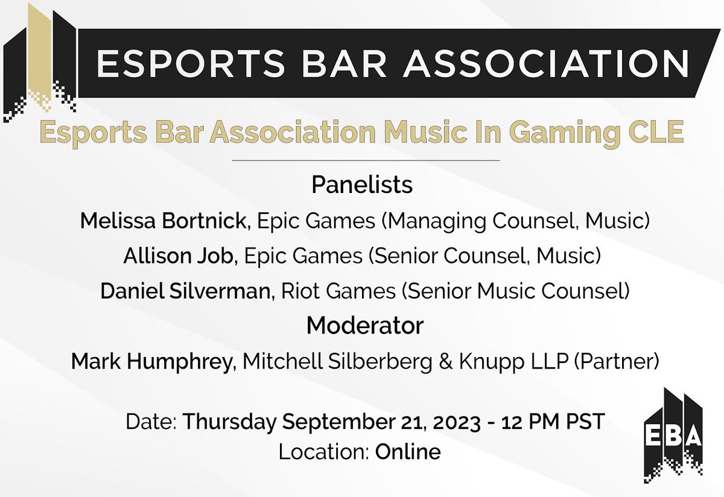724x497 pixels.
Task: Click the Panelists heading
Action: [x=362, y=185]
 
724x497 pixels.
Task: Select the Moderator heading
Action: [x=365, y=326]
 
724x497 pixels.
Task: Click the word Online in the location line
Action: [x=408, y=451]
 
